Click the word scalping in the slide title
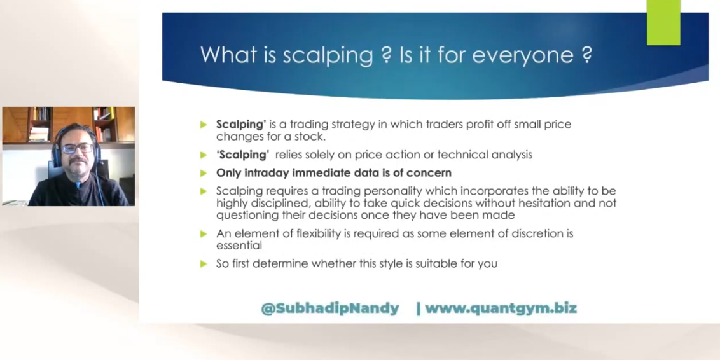pos(328,55)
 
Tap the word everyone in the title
pos(523,55)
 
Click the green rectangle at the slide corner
pos(663,22)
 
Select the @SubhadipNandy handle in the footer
pos(330,308)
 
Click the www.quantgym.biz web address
pos(501,308)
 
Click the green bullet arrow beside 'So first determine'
pos(204,263)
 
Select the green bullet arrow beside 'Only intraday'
pos(204,173)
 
